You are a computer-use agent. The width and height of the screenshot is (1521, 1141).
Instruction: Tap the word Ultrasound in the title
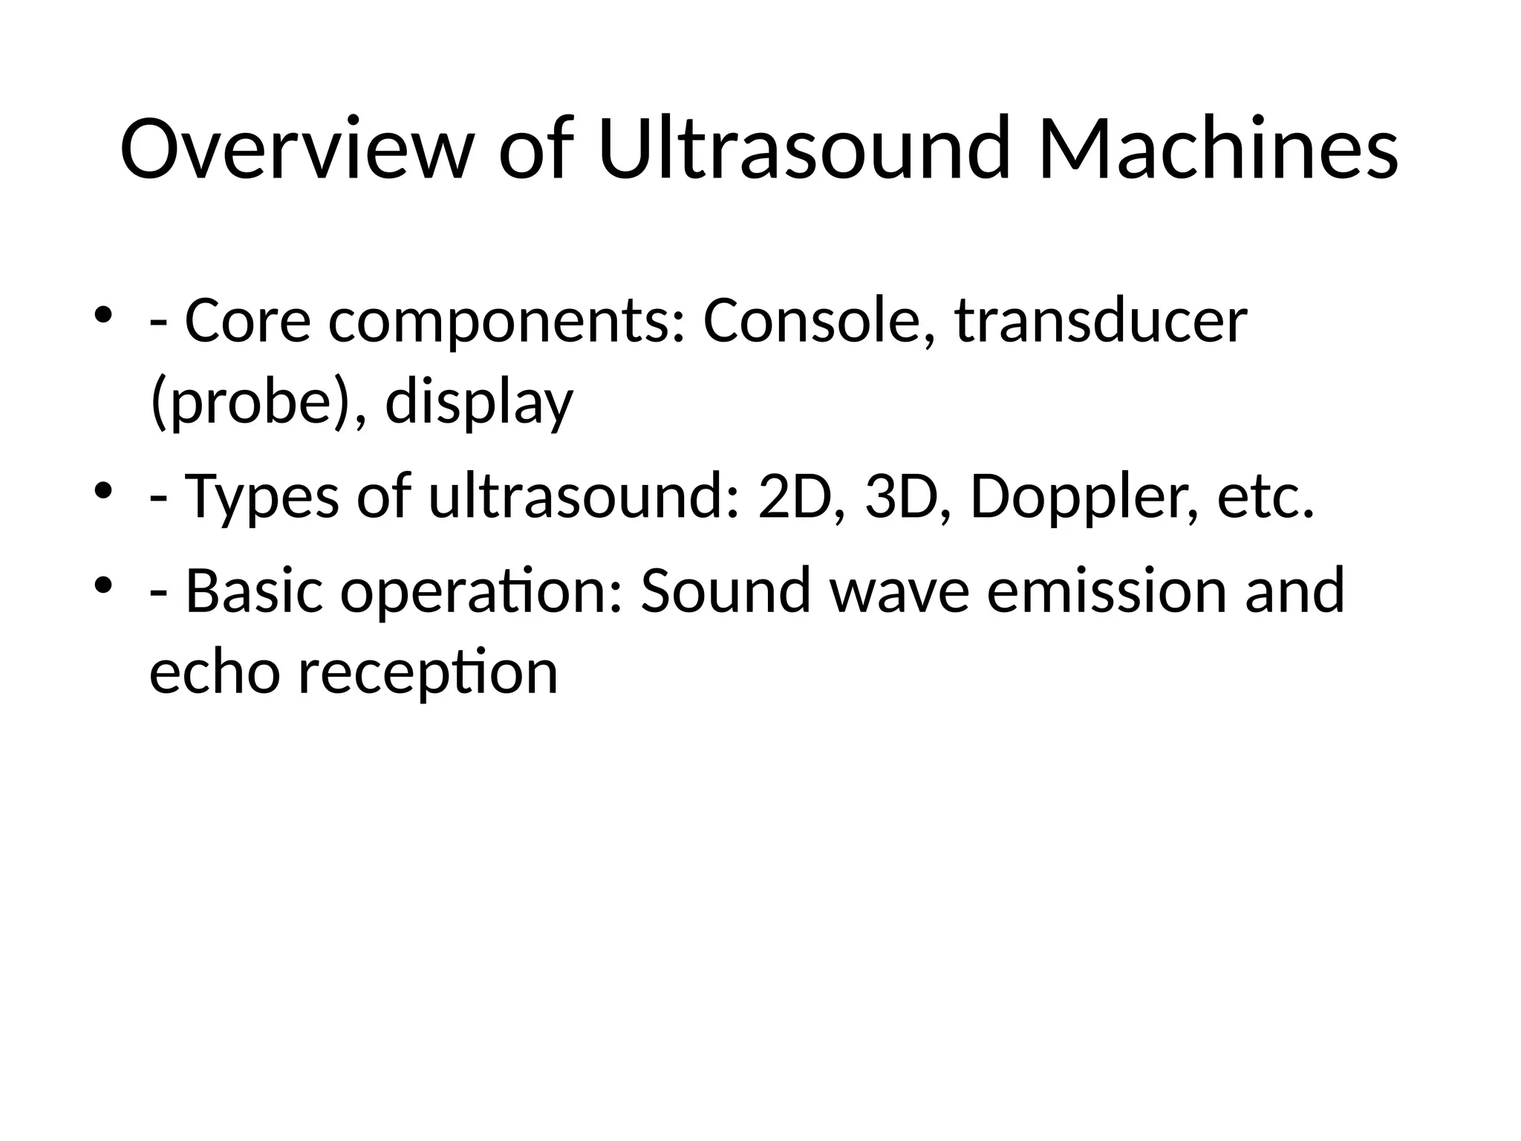click(804, 149)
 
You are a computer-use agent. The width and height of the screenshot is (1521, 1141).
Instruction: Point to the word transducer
click(1100, 322)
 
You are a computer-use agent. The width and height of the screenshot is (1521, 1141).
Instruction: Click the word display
click(479, 403)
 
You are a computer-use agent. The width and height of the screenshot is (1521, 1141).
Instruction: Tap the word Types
click(261, 497)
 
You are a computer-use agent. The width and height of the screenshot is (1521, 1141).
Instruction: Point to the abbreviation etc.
click(1266, 497)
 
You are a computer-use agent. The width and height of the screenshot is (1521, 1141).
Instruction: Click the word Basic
click(254, 591)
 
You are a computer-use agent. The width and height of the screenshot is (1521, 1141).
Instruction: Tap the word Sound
click(725, 591)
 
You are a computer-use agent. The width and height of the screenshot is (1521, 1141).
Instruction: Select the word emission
click(1106, 591)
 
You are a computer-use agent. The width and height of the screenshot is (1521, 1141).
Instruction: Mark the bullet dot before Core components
click(103, 314)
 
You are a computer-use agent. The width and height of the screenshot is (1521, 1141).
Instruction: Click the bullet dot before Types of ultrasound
click(103, 490)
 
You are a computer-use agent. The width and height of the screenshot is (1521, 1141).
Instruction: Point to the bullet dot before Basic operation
click(103, 583)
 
